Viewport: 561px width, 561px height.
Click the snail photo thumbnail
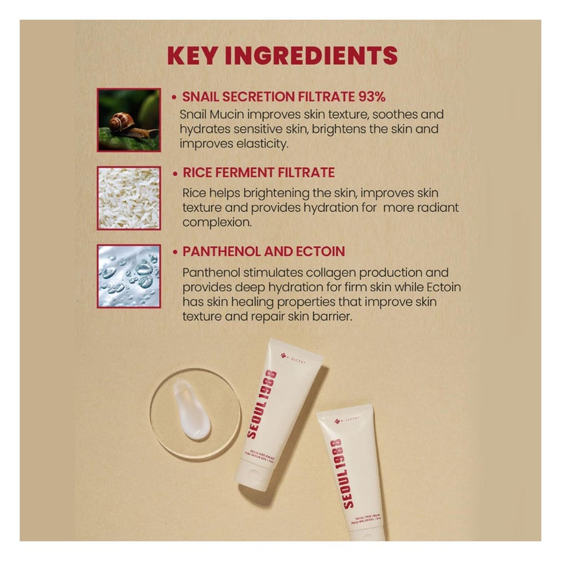(x=129, y=120)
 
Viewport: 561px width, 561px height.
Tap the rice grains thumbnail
(x=129, y=198)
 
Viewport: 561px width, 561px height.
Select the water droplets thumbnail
(x=129, y=276)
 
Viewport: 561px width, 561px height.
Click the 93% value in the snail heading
(x=370, y=97)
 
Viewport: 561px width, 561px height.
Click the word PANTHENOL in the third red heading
(x=221, y=251)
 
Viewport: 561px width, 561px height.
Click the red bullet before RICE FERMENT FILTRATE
(x=175, y=173)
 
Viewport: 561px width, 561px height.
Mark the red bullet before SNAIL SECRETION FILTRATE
(x=175, y=97)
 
